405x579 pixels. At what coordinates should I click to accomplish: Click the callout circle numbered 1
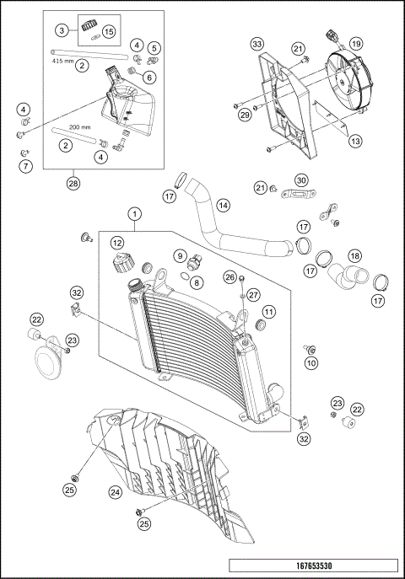(134, 214)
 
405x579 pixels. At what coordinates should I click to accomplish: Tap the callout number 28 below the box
(73, 182)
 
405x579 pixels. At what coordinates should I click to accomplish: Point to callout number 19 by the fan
(356, 43)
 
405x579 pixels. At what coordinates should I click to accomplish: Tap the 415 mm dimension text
(64, 61)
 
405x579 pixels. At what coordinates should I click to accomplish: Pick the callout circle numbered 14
(223, 205)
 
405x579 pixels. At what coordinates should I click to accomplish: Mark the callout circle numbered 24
(114, 491)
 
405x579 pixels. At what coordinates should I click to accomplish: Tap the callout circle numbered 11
(268, 313)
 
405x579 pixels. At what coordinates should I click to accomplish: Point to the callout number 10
(311, 362)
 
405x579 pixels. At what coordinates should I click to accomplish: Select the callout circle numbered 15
(109, 30)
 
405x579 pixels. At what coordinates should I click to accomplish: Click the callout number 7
(25, 166)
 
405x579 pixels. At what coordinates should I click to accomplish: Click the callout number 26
(229, 276)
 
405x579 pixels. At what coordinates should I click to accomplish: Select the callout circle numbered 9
(180, 255)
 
